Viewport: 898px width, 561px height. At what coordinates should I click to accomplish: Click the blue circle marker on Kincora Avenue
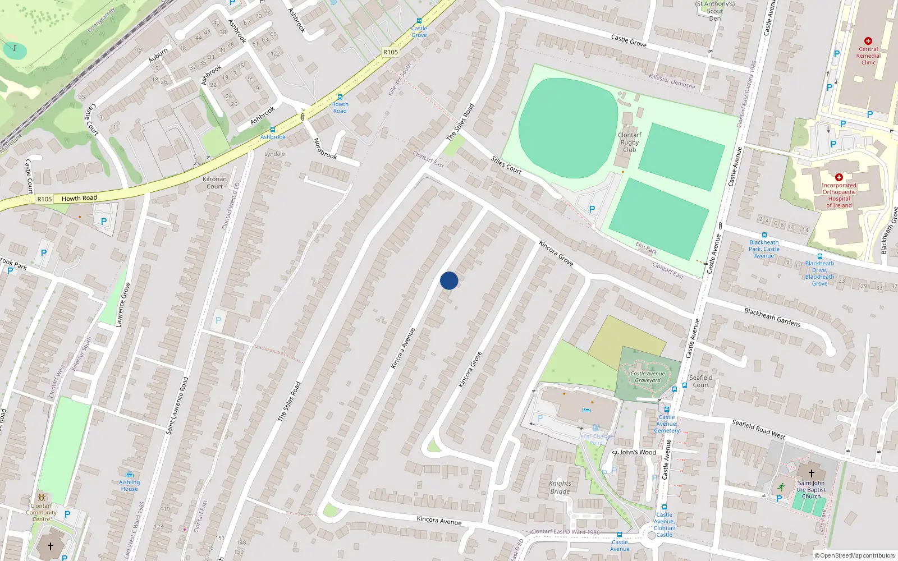449,280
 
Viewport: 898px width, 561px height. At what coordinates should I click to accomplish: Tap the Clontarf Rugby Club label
629,142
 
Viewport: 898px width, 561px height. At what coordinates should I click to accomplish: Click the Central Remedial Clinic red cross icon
868,41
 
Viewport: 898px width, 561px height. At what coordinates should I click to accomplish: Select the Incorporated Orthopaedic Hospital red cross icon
839,177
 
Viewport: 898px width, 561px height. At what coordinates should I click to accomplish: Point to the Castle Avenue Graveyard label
648,377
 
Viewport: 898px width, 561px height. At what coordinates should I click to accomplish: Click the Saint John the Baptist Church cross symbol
811,473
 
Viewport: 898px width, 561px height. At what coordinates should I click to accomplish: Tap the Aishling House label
129,485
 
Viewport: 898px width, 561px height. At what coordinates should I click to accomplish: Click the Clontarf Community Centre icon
41,498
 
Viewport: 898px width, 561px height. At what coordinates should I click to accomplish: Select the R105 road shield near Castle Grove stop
391,52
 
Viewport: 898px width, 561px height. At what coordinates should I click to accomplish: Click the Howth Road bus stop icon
340,97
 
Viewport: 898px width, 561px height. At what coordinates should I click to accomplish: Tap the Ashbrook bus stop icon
273,130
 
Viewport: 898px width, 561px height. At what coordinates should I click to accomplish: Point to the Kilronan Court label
214,183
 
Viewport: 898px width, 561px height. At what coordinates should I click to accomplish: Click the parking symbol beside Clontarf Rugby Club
592,209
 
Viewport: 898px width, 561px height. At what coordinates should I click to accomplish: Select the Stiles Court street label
506,165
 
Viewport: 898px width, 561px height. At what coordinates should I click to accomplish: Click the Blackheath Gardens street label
772,317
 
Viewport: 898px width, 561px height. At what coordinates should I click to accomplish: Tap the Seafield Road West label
758,429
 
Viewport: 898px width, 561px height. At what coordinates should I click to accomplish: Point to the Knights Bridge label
560,488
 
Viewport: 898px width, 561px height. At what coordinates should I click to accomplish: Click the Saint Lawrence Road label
177,405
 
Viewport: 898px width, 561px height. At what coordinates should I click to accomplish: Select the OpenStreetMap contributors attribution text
855,555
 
